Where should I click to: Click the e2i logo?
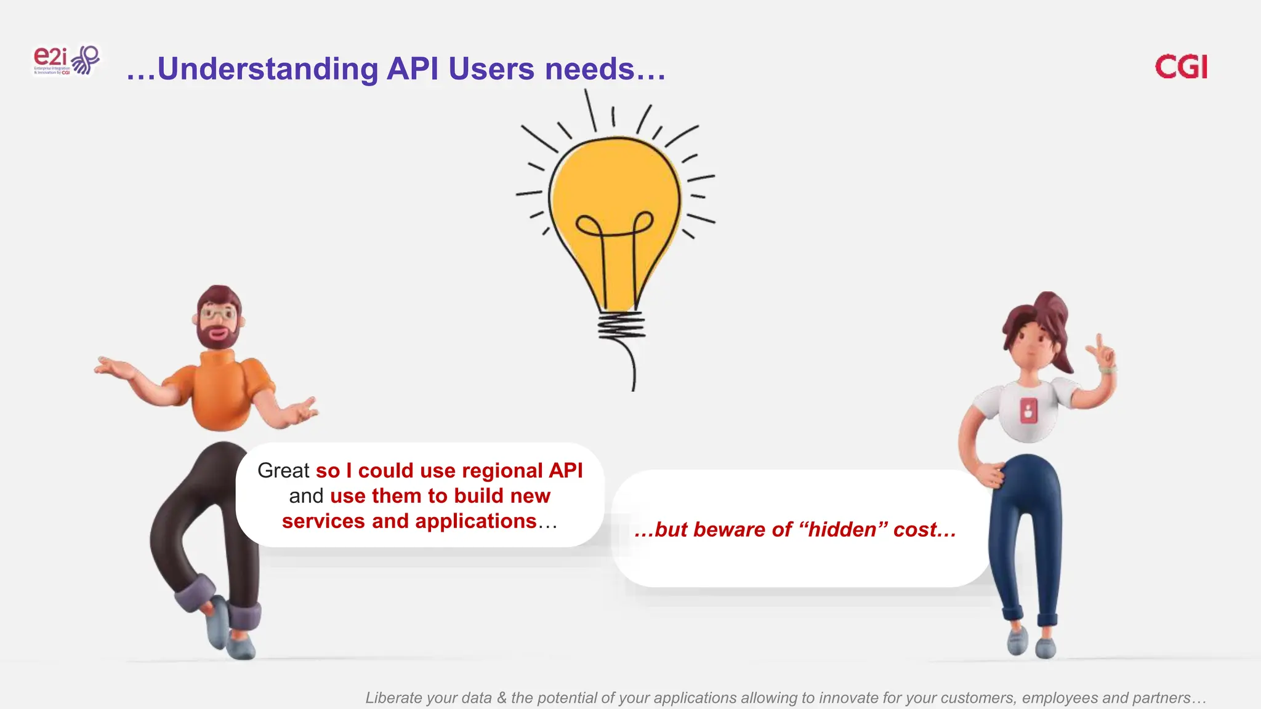tap(65, 60)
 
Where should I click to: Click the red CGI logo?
tap(1181, 66)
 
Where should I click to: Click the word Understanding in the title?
tap(267, 69)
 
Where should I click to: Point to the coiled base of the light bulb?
tap(621, 326)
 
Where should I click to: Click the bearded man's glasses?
tap(218, 314)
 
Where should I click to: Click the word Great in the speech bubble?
tap(283, 471)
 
